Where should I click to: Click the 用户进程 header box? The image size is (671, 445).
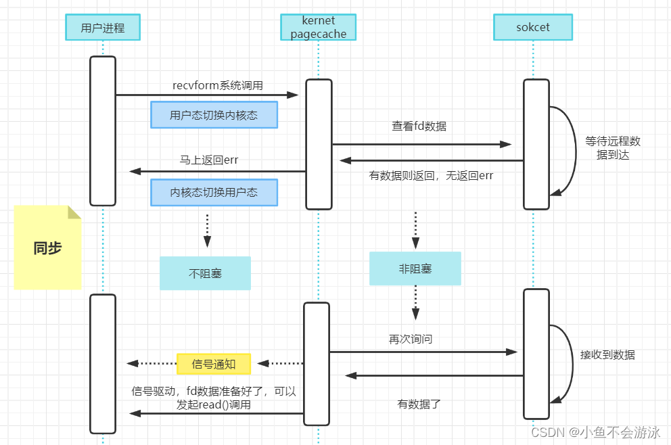[103, 27]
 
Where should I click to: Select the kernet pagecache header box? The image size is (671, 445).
[319, 27]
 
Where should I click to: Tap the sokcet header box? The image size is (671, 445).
[533, 27]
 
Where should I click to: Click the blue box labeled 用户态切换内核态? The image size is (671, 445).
[214, 115]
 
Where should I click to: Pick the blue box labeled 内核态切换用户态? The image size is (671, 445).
[214, 193]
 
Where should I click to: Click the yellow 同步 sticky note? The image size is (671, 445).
[47, 248]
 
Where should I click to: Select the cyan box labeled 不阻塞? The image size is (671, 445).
[206, 273]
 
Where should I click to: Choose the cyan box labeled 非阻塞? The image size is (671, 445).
[415, 268]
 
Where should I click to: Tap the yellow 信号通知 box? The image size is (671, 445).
[214, 364]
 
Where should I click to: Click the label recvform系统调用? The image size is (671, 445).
[218, 85]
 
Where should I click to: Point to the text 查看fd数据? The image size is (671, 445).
[419, 126]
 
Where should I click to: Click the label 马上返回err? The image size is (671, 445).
[209, 160]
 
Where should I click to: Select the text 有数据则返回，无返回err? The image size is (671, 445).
[431, 175]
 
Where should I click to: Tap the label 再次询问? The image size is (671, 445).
[411, 339]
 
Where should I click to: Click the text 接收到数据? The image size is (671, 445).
[607, 355]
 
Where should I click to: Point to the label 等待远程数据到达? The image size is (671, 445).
[613, 148]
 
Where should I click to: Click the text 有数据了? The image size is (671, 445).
[419, 404]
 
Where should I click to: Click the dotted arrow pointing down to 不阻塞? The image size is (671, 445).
[207, 231]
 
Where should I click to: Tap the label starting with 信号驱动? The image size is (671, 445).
[214, 398]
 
